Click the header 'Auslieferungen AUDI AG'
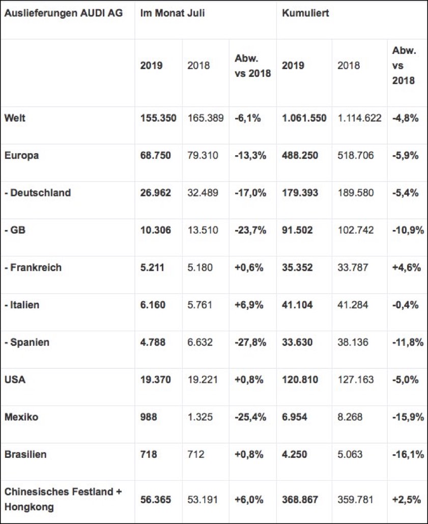pos(63,13)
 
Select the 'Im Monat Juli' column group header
pos(173,13)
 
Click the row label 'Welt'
pos(14,118)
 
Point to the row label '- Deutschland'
pos(37,193)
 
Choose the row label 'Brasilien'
pos(25,454)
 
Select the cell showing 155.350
pos(158,118)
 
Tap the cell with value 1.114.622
pos(359,118)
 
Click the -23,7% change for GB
pos(250,230)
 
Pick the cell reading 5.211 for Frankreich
pos(152,268)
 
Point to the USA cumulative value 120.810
pos(300,380)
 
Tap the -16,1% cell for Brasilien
pos(408,454)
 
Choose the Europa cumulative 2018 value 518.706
pos(355,156)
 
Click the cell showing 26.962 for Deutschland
pos(156,193)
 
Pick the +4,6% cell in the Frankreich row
pos(406,268)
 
